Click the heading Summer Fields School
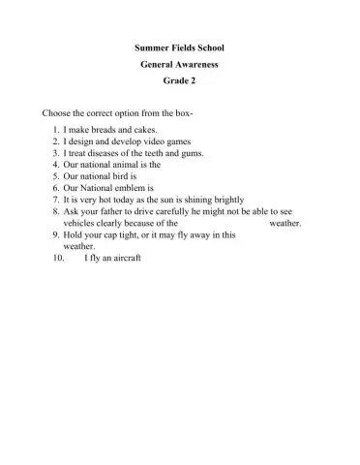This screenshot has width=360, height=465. coord(180,46)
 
